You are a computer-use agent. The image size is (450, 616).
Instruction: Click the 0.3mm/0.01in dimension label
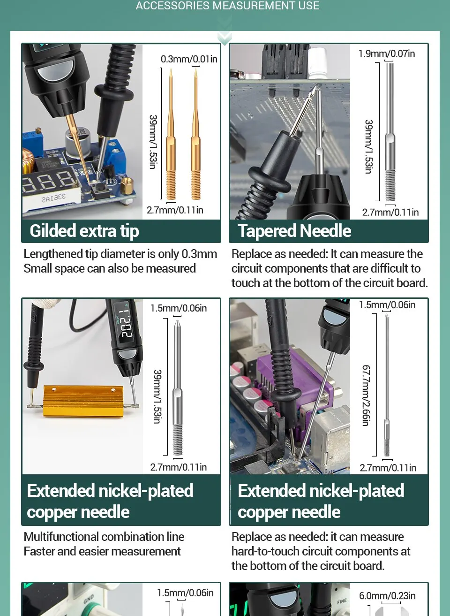coord(189,59)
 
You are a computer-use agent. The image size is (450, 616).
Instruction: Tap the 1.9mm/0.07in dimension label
coord(387,53)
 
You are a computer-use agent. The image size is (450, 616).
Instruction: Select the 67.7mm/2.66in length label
coord(366,395)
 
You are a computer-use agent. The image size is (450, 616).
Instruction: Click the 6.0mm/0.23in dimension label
coord(387,596)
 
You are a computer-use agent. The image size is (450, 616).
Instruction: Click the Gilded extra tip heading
coord(84,231)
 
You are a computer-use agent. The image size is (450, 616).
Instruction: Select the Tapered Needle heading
coord(294,231)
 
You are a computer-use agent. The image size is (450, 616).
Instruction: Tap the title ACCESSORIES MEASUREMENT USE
coord(227,6)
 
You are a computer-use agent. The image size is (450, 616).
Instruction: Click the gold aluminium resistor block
coord(82,401)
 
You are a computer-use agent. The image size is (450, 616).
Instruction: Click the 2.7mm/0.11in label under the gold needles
coord(175,210)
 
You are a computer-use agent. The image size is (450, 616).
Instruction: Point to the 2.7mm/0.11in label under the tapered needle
coord(390,213)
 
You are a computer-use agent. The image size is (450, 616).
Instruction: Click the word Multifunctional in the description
coord(61,537)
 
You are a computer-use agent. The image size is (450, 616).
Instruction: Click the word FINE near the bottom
coord(342,601)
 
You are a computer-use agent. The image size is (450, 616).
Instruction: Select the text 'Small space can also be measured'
coord(110,268)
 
